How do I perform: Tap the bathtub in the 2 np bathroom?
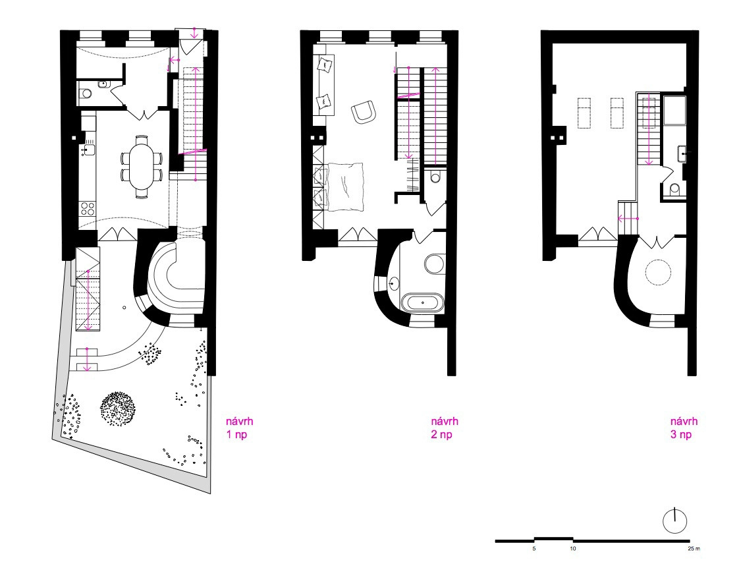[422, 302]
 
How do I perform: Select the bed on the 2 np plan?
[345, 186]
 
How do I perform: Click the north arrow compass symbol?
[674, 521]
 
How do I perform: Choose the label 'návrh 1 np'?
[240, 428]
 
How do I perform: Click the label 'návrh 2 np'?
[444, 428]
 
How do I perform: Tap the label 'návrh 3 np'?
[684, 428]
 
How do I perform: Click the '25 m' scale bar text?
[694, 548]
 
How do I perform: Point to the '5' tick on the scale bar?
[534, 548]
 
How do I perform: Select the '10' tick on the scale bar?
[573, 548]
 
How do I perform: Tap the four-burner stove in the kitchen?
[88, 208]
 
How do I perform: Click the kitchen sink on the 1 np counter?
[88, 150]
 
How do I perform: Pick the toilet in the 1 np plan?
[86, 94]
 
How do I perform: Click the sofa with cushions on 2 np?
[324, 84]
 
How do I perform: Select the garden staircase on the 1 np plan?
[89, 289]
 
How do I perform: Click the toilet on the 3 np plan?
[675, 189]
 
